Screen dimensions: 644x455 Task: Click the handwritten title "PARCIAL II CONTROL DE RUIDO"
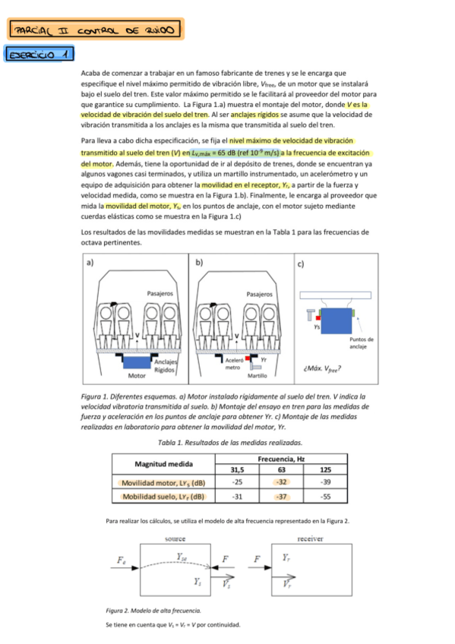(x=95, y=30)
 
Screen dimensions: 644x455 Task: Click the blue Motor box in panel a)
(x=137, y=364)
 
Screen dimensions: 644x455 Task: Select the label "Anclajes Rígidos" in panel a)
(x=165, y=365)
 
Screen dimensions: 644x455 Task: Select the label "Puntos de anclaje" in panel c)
(x=360, y=343)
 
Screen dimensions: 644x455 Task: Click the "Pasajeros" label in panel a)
(x=160, y=292)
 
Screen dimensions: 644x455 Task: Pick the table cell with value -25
(x=238, y=482)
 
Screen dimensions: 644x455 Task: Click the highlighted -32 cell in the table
(x=281, y=482)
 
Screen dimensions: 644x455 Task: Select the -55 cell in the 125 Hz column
(x=325, y=497)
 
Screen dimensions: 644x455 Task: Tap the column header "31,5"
(x=238, y=469)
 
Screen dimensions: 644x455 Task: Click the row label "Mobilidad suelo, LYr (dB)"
(x=163, y=497)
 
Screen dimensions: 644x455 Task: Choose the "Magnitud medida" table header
(x=163, y=463)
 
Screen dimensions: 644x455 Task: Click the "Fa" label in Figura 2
(x=122, y=560)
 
